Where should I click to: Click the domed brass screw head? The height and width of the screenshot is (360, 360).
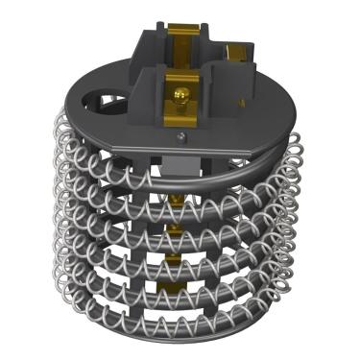click(x=180, y=93)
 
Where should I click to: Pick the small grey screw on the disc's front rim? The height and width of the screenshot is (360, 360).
click(x=180, y=140)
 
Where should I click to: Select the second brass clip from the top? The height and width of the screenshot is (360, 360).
click(x=178, y=228)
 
